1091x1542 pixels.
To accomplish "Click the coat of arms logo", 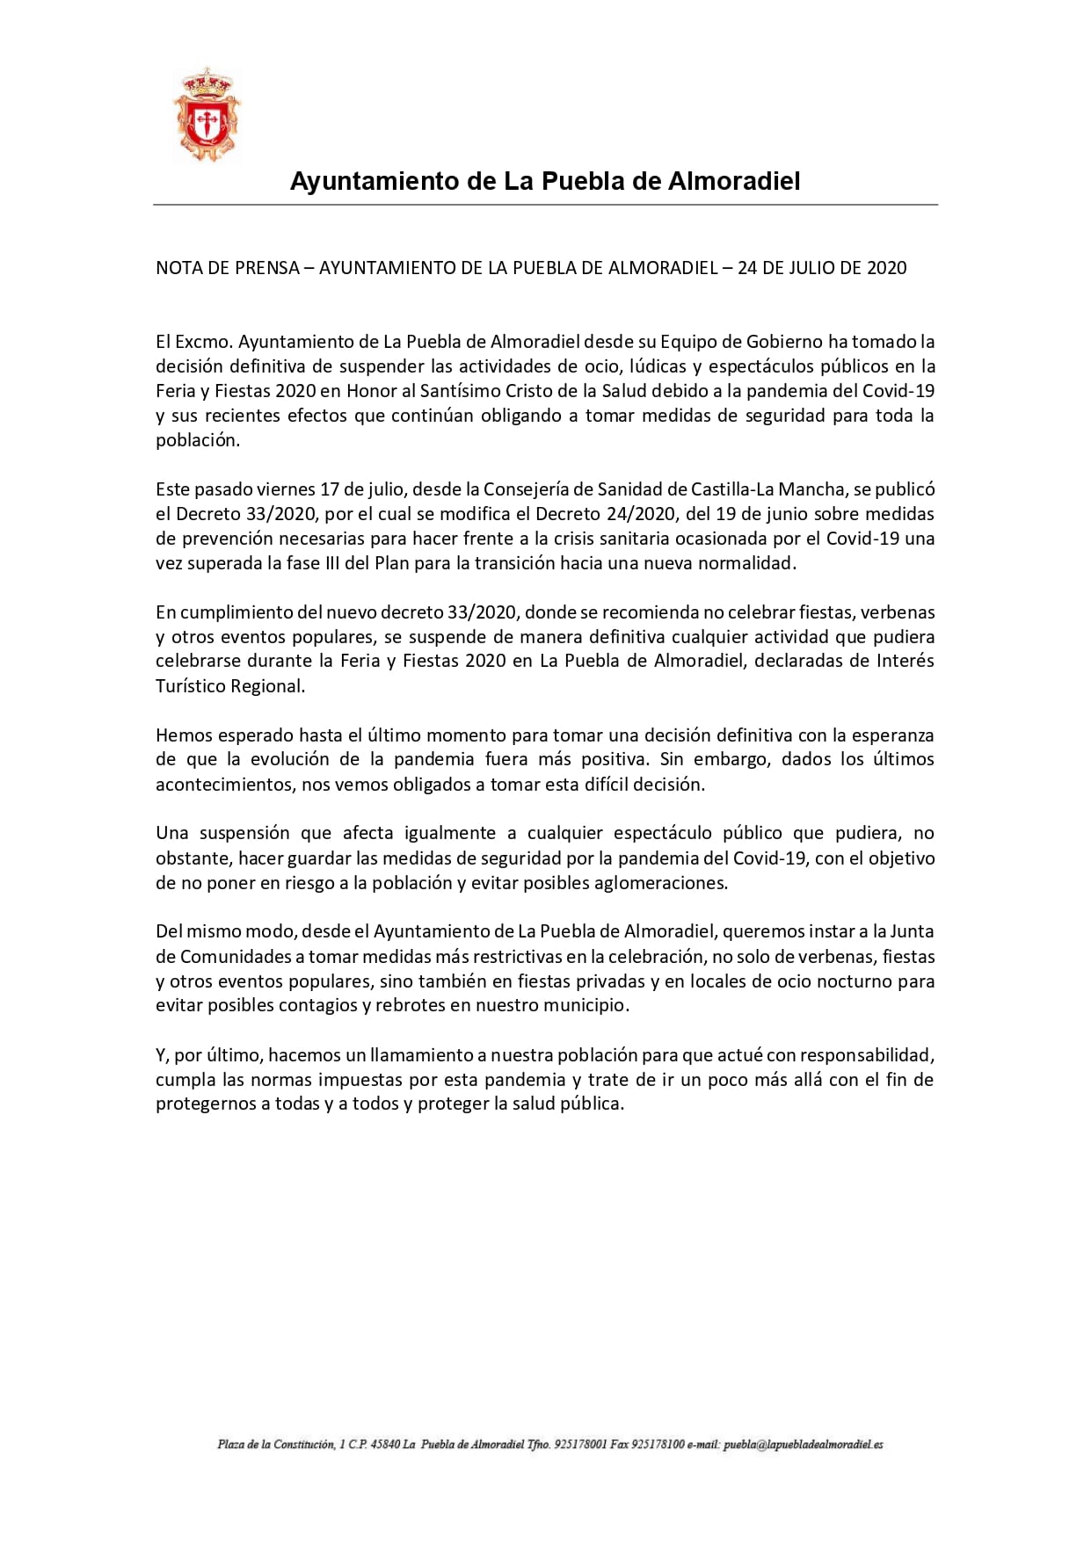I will [207, 115].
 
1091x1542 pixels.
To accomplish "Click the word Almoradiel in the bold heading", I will [734, 182].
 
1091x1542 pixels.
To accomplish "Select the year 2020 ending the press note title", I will [886, 268].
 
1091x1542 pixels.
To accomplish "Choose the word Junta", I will [913, 931].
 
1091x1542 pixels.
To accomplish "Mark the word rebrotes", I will [410, 1005].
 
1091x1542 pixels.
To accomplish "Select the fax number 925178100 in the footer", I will [658, 1444].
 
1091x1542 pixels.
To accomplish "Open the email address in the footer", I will [804, 1444].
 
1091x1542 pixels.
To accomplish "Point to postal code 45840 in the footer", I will [385, 1444].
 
